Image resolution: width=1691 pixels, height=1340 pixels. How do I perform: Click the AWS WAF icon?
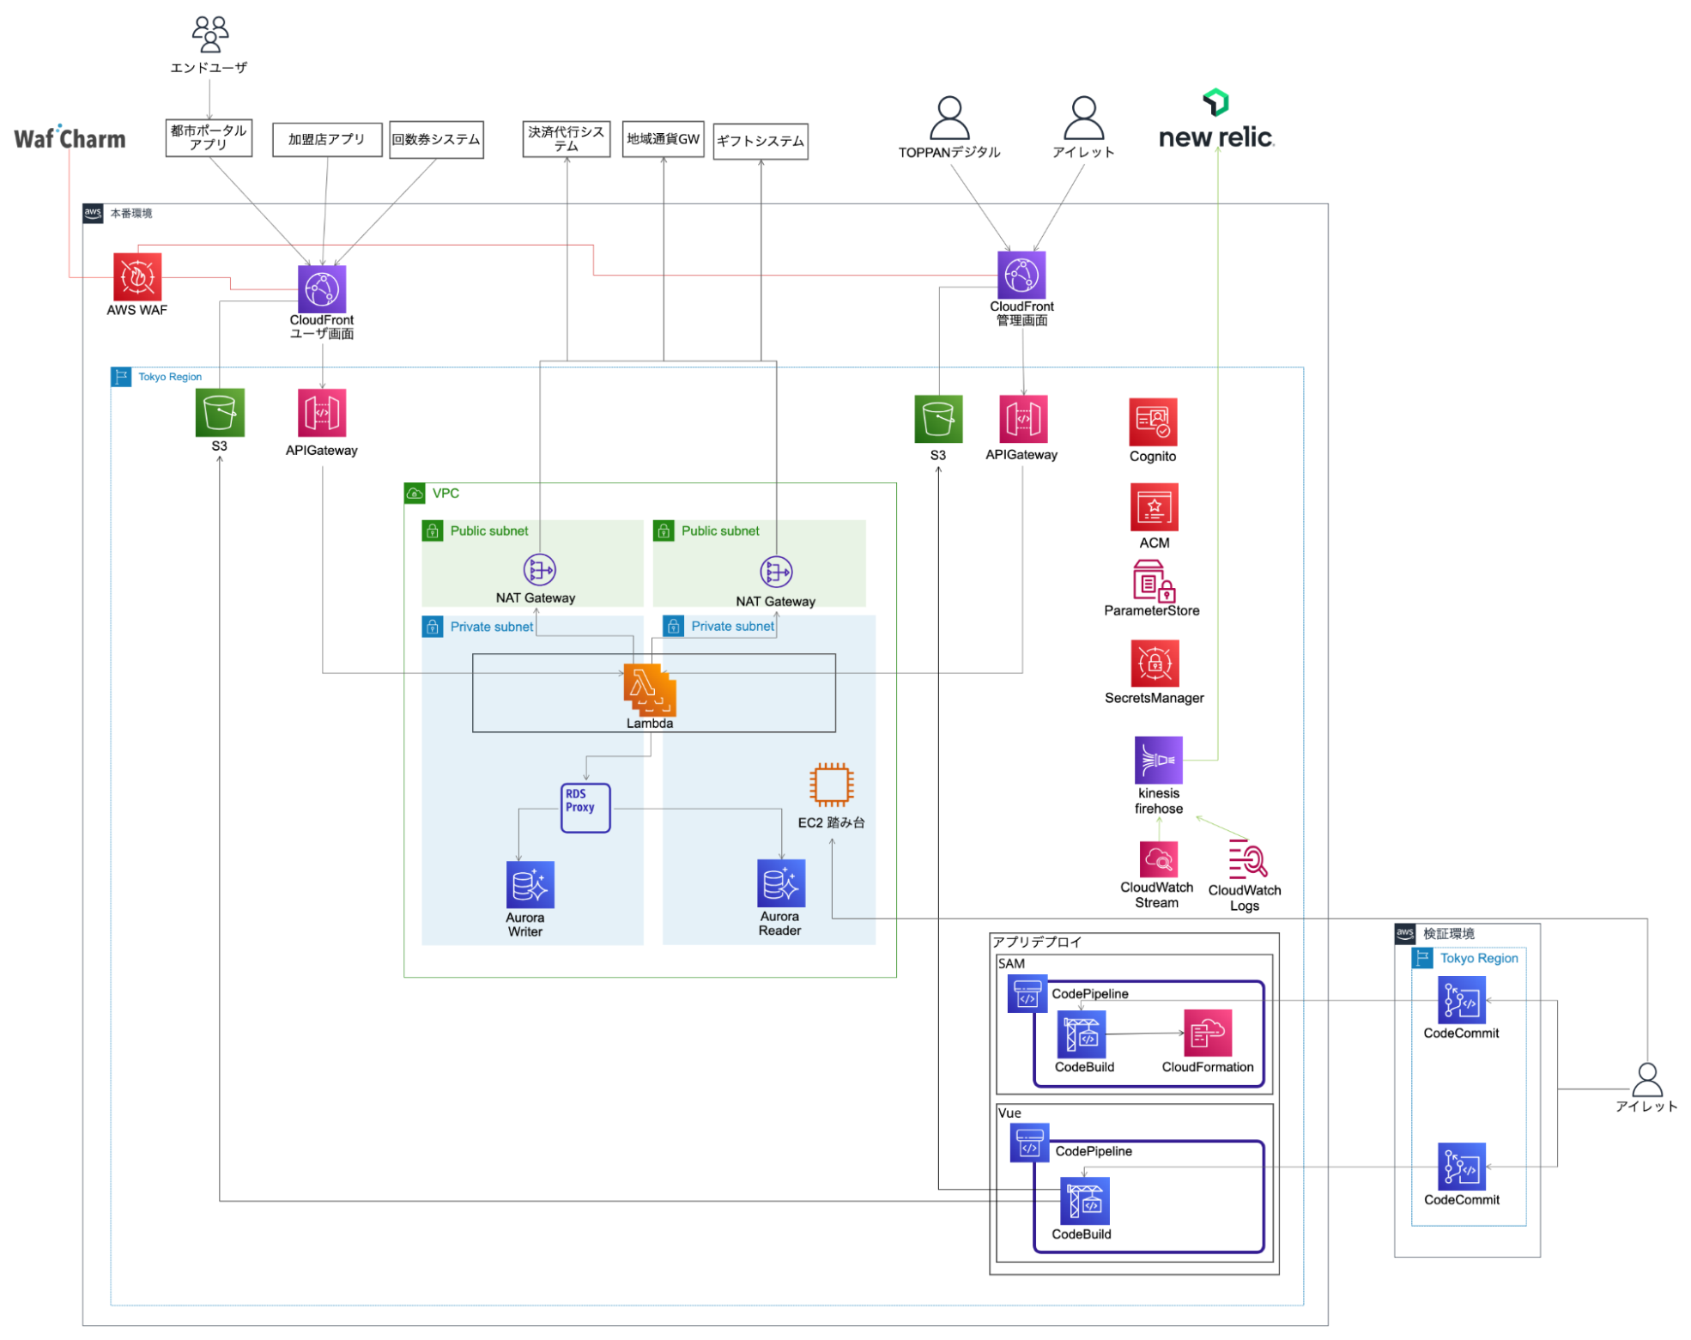137,276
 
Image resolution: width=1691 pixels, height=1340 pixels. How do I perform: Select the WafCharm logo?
70,138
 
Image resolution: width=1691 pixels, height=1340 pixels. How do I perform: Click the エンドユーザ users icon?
209,34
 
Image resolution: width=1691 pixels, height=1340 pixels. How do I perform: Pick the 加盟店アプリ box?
326,139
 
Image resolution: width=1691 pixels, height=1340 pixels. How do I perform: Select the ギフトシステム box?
760,141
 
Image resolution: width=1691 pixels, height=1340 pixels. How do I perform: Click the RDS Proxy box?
585,807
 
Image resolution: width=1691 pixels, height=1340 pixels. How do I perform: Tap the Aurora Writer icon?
530,884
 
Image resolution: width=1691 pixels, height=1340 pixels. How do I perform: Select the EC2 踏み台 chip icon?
830,784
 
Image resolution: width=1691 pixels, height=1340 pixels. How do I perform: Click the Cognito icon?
1152,421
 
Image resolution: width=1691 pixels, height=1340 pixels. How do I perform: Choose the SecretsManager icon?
1154,663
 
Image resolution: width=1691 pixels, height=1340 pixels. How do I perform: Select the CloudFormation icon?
1207,1033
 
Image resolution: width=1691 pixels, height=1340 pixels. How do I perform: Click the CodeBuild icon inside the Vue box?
1084,1200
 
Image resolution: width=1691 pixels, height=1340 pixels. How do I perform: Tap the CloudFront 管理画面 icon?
1021,275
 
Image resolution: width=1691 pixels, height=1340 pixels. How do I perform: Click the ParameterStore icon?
1152,581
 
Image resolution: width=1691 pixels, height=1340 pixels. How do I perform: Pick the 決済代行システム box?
566,139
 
